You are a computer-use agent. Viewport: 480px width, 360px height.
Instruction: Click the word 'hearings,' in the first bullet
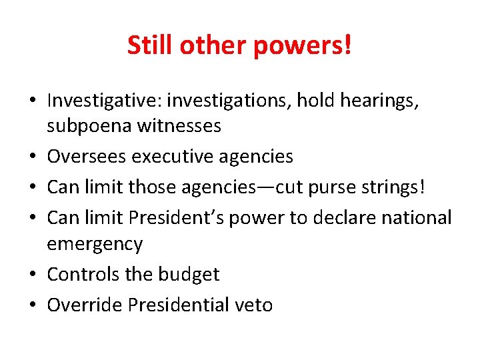tap(385, 101)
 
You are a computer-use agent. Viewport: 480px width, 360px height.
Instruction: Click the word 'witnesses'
tap(179, 125)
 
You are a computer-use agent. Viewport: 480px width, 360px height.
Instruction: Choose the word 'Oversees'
tap(87, 157)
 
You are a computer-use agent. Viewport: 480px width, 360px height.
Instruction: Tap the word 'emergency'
tap(95, 244)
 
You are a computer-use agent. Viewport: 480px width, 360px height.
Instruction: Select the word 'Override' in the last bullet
tap(85, 305)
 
